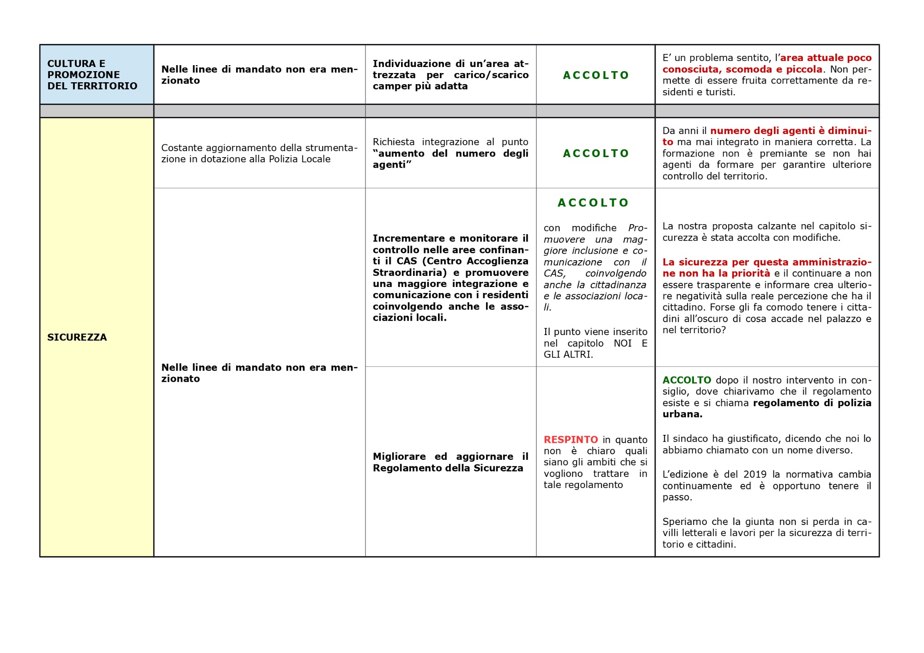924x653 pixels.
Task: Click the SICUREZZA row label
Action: coord(77,337)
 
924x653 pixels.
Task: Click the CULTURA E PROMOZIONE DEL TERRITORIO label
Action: coord(92,75)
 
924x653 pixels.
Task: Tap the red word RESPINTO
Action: coord(571,439)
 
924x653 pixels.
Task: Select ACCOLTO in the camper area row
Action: coord(596,75)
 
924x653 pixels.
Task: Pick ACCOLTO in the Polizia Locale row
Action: coord(596,153)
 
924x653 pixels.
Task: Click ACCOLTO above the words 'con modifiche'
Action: coord(593,203)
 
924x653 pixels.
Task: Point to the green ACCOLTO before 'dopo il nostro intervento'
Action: coord(687,380)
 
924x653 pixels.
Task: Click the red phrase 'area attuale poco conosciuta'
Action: coord(826,58)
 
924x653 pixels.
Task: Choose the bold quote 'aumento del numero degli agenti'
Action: coord(450,153)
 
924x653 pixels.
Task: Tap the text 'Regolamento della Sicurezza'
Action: coord(448,468)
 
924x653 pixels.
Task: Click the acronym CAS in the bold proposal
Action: coord(407,261)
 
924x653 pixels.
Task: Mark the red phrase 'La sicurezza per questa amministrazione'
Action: coord(766,262)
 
